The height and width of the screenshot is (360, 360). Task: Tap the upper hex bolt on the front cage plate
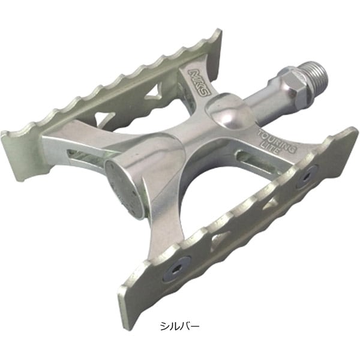tap(307, 179)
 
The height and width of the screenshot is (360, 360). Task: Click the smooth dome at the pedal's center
tap(227, 114)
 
